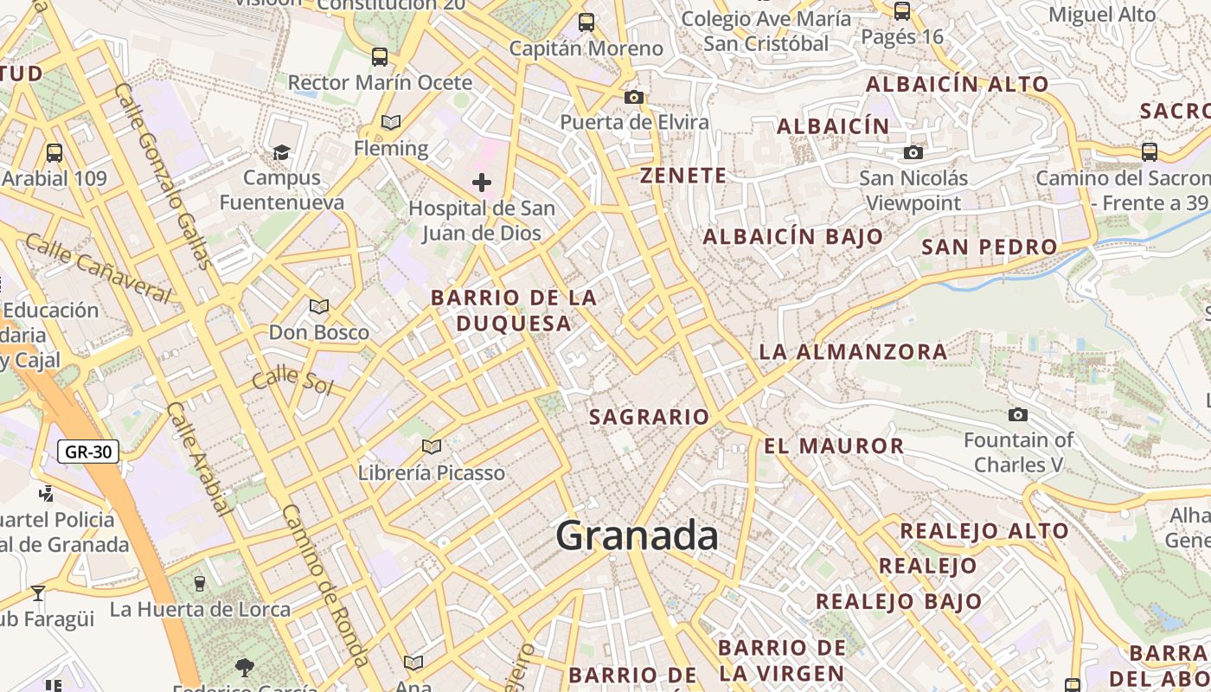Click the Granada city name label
pos(637,535)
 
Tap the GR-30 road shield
pos(88,452)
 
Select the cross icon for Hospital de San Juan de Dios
pos(482,183)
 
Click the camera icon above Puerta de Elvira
pos(634,97)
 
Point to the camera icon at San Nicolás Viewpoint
pos(913,153)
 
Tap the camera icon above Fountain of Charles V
pos(1018,415)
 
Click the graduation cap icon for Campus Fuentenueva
pos(281,153)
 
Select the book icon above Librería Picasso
pos(431,447)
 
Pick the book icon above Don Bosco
pos(319,306)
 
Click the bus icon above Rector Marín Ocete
pos(379,57)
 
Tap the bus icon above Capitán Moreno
pos(586,22)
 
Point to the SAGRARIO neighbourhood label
pos(649,417)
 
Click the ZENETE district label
pos(683,176)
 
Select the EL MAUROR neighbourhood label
pos(834,446)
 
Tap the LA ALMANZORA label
pos(853,352)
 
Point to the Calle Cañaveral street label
pos(97,266)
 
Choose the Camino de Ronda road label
pos(325,583)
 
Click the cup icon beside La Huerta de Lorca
pos(200,583)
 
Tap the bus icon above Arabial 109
pos(54,153)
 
